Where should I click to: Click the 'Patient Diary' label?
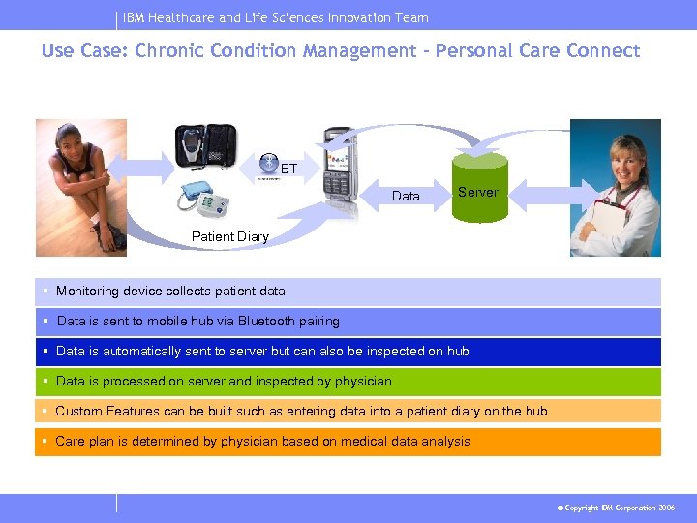[x=230, y=236]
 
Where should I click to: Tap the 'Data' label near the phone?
[x=406, y=197]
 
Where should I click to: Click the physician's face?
[x=616, y=156]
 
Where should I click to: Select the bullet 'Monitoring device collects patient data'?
[x=170, y=291]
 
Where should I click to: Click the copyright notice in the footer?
[x=617, y=508]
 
